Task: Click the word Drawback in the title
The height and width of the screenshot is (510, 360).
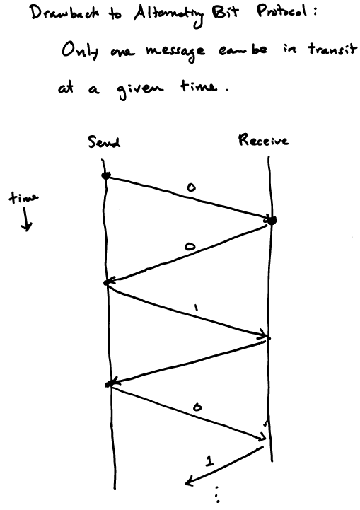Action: (x=64, y=13)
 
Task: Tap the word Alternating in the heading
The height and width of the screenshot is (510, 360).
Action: (x=169, y=16)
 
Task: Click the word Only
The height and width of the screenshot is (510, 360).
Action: (x=81, y=52)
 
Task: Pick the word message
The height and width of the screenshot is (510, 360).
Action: (x=175, y=52)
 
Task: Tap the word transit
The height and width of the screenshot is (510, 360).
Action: (x=332, y=50)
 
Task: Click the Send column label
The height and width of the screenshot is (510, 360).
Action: (x=104, y=141)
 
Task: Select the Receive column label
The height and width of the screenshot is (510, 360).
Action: (x=263, y=140)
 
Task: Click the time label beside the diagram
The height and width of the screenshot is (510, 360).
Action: (x=23, y=197)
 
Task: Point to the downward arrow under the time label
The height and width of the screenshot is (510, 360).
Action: (x=25, y=219)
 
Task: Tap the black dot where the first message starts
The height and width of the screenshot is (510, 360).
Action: (x=106, y=175)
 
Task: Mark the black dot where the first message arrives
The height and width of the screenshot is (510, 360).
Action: (x=271, y=220)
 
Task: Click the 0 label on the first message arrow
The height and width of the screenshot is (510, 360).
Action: (x=191, y=187)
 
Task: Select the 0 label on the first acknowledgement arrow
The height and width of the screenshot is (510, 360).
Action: (x=190, y=247)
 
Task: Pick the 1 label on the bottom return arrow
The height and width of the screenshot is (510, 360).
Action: (x=209, y=460)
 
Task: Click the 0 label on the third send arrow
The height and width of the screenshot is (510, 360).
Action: (x=197, y=407)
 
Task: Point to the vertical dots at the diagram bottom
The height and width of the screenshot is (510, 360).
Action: (x=217, y=494)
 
